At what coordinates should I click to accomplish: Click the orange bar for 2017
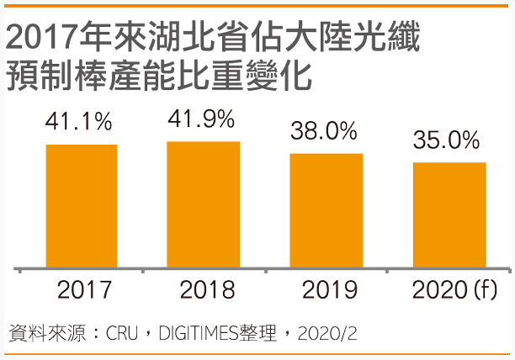[x=82, y=206]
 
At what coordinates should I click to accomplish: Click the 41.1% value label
[x=78, y=122]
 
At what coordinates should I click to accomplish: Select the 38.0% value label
[x=324, y=131]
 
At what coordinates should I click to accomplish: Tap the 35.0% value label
[x=447, y=140]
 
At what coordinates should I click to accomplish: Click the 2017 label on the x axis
[x=84, y=291]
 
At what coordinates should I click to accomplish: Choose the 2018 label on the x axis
[x=207, y=291]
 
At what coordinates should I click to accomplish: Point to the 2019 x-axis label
[x=329, y=291]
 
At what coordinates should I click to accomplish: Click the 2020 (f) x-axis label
[x=455, y=291]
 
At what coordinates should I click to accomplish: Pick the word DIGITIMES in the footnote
[x=201, y=333]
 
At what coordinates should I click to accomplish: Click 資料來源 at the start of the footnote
[x=45, y=333]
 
